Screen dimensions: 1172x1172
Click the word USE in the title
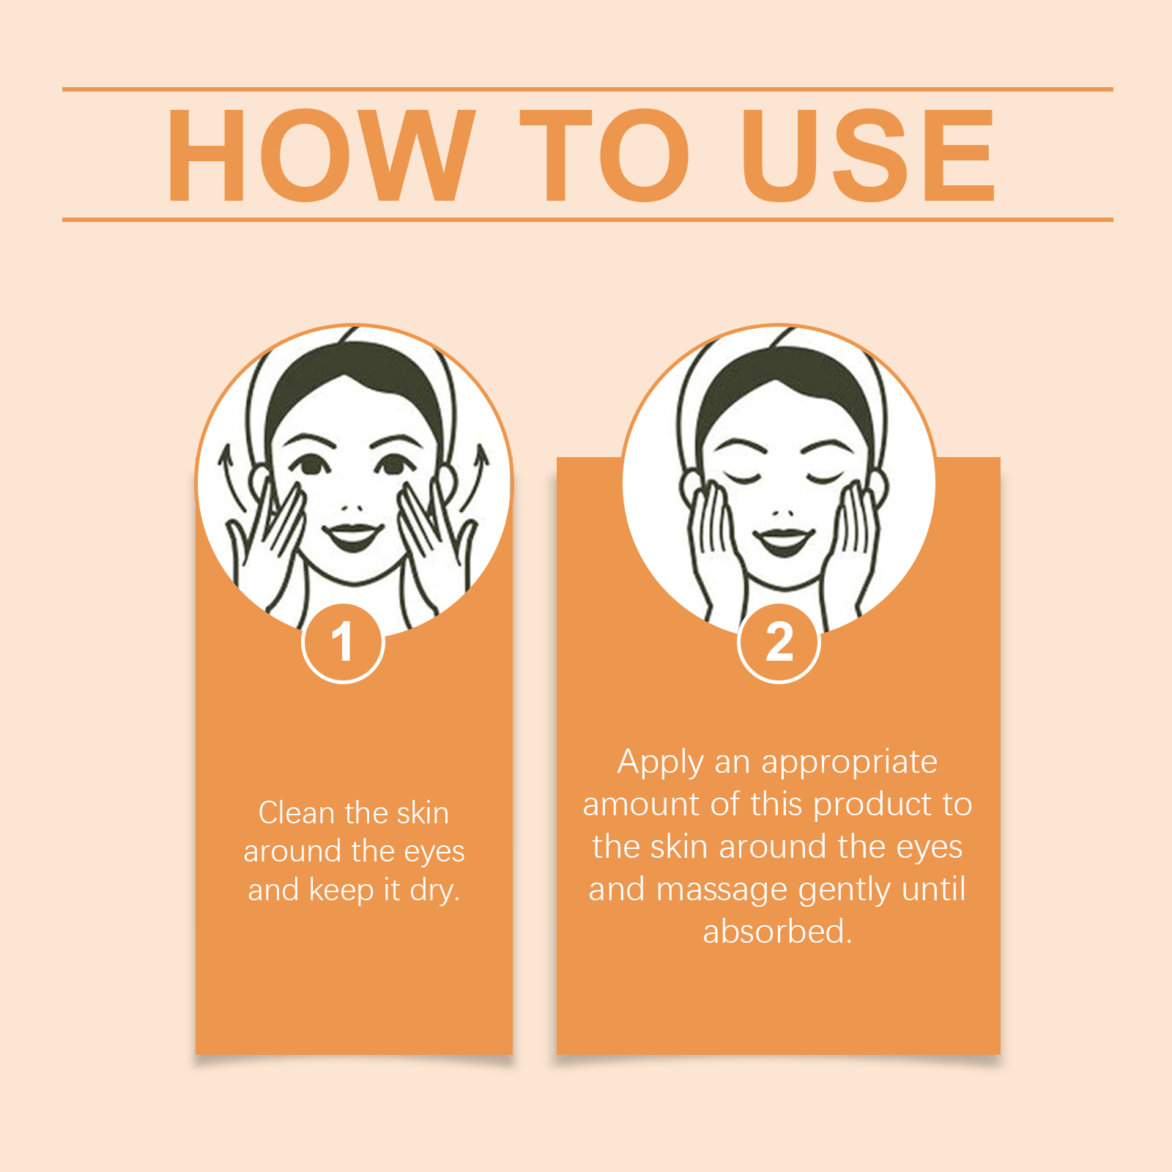pos(868,155)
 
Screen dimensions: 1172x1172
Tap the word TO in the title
pos(605,155)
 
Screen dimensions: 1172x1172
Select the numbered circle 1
pos(343,643)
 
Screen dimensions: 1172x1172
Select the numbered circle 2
pos(779,643)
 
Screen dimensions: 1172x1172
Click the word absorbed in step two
pos(777,931)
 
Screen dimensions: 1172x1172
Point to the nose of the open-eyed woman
pos(353,508)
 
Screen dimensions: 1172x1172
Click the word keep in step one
pos(341,891)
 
